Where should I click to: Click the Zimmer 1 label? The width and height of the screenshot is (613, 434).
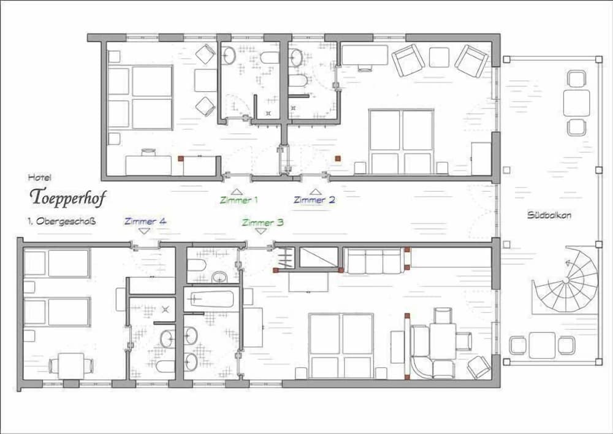(238, 200)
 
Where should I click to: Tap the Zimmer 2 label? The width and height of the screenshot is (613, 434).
(314, 200)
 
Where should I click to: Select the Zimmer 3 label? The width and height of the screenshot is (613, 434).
(263, 223)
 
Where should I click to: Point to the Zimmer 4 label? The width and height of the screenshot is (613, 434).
(145, 221)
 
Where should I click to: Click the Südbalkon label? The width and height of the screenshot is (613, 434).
(549, 215)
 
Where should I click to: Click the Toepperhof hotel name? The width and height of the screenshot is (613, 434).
(68, 197)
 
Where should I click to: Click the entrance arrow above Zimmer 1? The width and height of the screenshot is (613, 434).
(237, 192)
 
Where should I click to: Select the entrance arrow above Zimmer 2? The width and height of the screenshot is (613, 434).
(316, 192)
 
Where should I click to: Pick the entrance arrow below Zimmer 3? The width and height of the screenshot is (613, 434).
(261, 231)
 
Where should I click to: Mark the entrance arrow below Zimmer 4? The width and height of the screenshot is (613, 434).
(145, 231)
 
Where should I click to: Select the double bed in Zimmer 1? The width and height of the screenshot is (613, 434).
(140, 97)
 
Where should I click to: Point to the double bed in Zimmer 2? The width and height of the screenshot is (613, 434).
(401, 142)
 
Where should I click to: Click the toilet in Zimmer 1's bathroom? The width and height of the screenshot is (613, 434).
(269, 58)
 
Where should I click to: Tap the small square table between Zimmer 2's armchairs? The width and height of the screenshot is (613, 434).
(439, 57)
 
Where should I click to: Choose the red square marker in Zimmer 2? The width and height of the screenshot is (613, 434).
(338, 158)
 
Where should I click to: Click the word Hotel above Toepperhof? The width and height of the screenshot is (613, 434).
(39, 178)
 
